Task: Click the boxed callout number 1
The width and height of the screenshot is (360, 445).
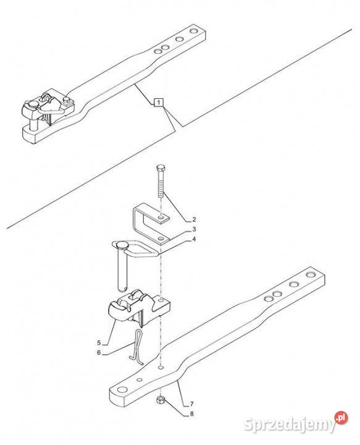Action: pyautogui.click(x=159, y=102)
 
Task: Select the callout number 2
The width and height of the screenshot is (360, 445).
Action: pyautogui.click(x=194, y=219)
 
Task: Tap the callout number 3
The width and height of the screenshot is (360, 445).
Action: pyautogui.click(x=194, y=229)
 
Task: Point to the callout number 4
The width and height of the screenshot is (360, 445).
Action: pyautogui.click(x=194, y=239)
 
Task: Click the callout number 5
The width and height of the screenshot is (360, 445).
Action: pyautogui.click(x=99, y=343)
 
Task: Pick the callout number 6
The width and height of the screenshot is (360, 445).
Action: pyautogui.click(x=99, y=352)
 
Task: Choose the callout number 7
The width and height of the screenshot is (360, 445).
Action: pyautogui.click(x=191, y=404)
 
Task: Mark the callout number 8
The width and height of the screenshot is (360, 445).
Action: pyautogui.click(x=191, y=413)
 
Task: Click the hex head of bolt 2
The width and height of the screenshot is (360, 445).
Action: pyautogui.click(x=161, y=167)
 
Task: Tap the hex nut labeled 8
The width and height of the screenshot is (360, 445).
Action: pyautogui.click(x=161, y=400)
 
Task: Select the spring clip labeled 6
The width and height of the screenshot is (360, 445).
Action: pyautogui.click(x=136, y=347)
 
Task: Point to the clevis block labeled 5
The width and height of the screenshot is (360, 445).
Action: pyautogui.click(x=140, y=308)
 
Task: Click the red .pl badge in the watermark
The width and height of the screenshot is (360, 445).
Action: pyautogui.click(x=341, y=418)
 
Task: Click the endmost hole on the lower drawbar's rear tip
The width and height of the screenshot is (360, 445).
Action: pyautogui.click(x=311, y=274)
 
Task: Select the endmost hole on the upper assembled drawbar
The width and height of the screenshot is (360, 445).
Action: pyautogui.click(x=194, y=31)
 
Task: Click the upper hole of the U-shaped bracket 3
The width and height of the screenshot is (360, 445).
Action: pyautogui.click(x=161, y=218)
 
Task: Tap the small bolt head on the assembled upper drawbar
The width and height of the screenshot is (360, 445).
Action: pyautogui.click(x=67, y=100)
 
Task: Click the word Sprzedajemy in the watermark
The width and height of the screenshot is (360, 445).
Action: pyautogui.click(x=290, y=425)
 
